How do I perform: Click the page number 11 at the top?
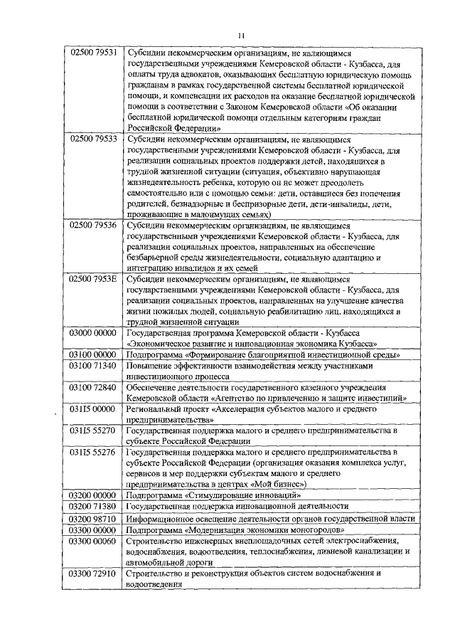pyautogui.click(x=241, y=33)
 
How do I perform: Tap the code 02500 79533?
pyautogui.click(x=92, y=139)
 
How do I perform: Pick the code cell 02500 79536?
pyautogui.click(x=92, y=226)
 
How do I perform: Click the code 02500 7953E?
pyautogui.click(x=92, y=280)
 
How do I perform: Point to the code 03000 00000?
pyautogui.click(x=92, y=333)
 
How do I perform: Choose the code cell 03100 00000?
pyautogui.click(x=92, y=354)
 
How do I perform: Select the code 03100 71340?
pyautogui.click(x=92, y=365)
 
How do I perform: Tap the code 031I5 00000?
pyautogui.click(x=92, y=409)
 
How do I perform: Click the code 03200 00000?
pyautogui.click(x=92, y=495)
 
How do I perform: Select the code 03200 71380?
pyautogui.click(x=92, y=506)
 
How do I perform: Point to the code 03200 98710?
pyautogui.click(x=92, y=519)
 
